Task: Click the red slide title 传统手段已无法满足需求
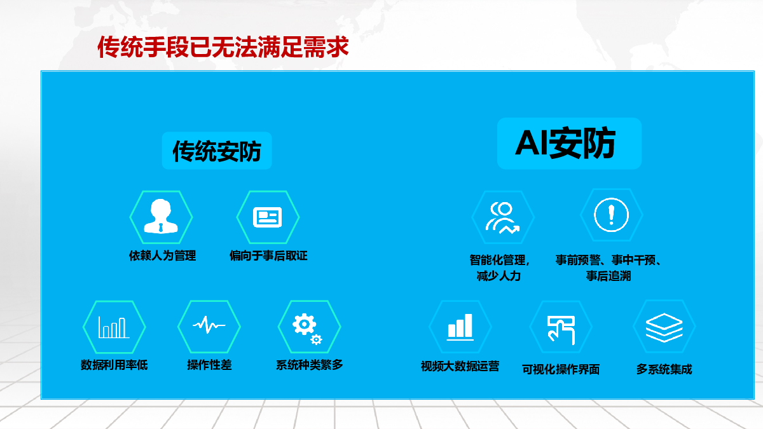pyautogui.click(x=223, y=46)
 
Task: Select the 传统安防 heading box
pyautogui.click(x=217, y=151)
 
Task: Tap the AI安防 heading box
pyautogui.click(x=569, y=144)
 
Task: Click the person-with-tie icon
pyautogui.click(x=161, y=216)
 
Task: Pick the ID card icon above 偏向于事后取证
pyautogui.click(x=268, y=217)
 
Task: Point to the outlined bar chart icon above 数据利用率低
pyautogui.click(x=114, y=327)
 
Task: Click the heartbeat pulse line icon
pyautogui.click(x=209, y=325)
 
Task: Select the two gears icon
pyautogui.click(x=307, y=329)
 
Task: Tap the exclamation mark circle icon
pyautogui.click(x=612, y=215)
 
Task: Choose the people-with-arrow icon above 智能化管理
pyautogui.click(x=502, y=218)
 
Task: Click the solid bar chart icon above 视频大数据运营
pyautogui.click(x=460, y=327)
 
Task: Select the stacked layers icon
pyautogui.click(x=664, y=327)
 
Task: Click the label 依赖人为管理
pyautogui.click(x=163, y=255)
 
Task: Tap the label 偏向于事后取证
pyautogui.click(x=268, y=255)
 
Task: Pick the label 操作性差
pyautogui.click(x=209, y=365)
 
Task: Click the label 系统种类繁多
pyautogui.click(x=309, y=365)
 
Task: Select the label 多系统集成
pyautogui.click(x=664, y=369)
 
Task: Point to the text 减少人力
pyautogui.click(x=498, y=276)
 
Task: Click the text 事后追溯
pyautogui.click(x=608, y=276)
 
